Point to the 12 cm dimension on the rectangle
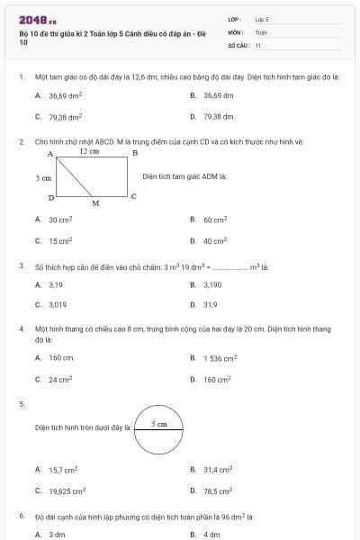[89, 152]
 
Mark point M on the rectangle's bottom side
[95, 203]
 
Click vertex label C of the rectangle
[133, 195]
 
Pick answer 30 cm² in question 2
[60, 219]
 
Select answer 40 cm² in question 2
[215, 240]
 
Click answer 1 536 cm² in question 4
[220, 357]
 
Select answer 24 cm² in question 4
[60, 379]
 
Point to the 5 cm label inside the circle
[158, 423]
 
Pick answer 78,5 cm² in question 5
[217, 490]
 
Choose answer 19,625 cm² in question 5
[67, 490]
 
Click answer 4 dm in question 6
[211, 534]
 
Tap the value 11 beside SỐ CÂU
[258, 44]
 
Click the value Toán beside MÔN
[261, 31]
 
